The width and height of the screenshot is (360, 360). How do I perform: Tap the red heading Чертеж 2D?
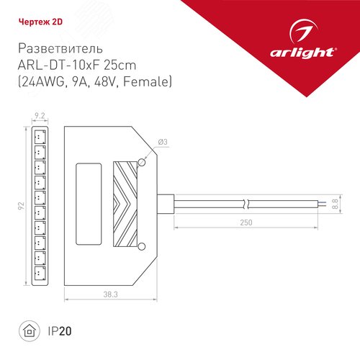pyautogui.click(x=40, y=22)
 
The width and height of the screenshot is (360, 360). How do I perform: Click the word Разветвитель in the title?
pyautogui.click(x=60, y=48)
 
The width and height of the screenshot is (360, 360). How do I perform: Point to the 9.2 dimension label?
pyautogui.click(x=40, y=116)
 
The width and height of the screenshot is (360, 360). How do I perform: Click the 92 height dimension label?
pyautogui.click(x=22, y=206)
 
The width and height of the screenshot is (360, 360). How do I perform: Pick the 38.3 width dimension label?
pyautogui.click(x=111, y=294)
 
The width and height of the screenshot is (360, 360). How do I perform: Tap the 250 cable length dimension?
pyautogui.click(x=246, y=222)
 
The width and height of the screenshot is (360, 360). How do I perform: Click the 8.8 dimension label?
pyautogui.click(x=336, y=204)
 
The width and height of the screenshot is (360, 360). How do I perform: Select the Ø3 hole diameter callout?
pyautogui.click(x=163, y=142)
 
